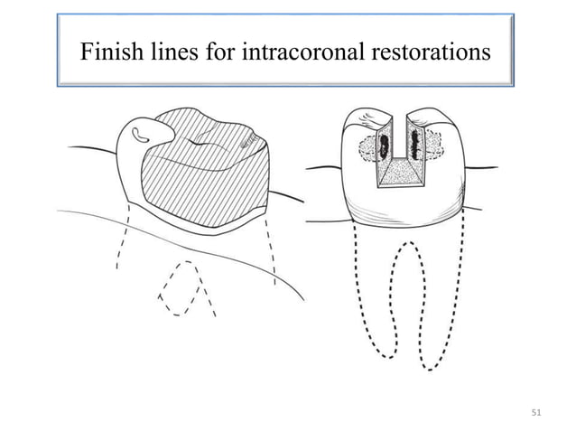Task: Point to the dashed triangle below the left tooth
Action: pos(187,289)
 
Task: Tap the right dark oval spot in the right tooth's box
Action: pos(416,144)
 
